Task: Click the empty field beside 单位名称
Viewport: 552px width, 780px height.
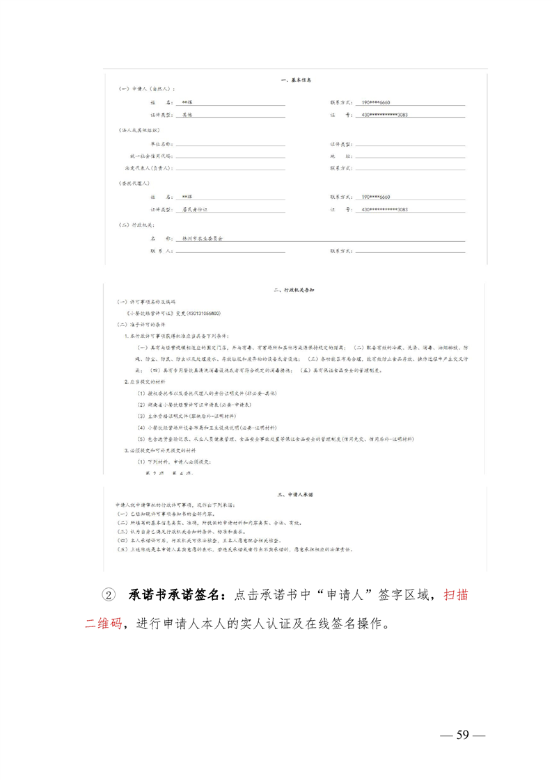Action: pyautogui.click(x=230, y=145)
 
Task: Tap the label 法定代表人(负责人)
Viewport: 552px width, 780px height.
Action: pyautogui.click(x=148, y=168)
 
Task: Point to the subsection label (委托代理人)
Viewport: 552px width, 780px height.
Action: pyautogui.click(x=136, y=184)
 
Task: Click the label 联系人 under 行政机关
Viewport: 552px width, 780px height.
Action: pyautogui.click(x=161, y=250)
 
